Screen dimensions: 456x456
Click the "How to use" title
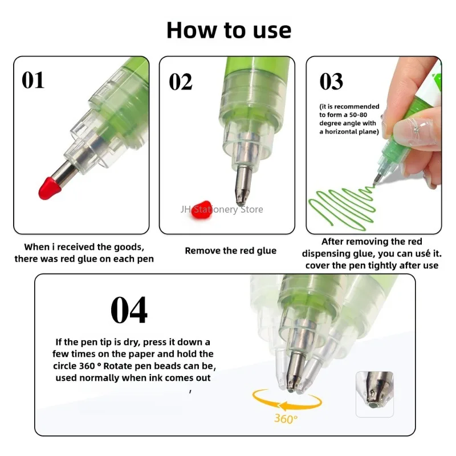click(229, 30)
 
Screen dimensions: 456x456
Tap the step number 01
click(33, 80)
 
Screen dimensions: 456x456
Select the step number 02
click(181, 82)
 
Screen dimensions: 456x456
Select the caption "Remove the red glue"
click(230, 251)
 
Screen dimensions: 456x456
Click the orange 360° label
click(285, 420)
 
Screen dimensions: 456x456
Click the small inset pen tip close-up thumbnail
click(374, 393)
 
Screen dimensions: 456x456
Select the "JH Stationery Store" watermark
click(222, 209)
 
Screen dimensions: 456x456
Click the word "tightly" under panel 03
click(380, 265)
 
